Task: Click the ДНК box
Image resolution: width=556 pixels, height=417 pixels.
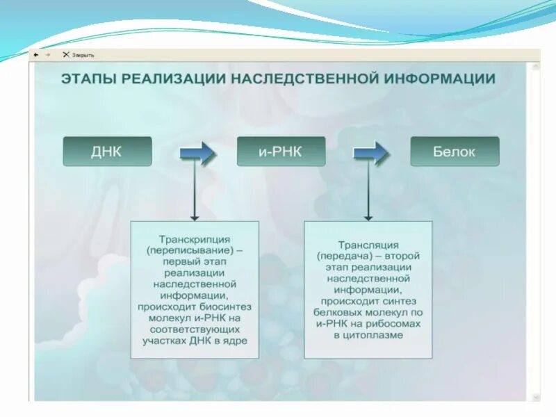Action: click(107, 152)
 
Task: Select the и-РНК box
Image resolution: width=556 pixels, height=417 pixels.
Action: click(281, 152)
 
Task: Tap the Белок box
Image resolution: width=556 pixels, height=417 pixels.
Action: click(455, 152)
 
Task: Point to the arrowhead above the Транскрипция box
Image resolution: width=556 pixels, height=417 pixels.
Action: click(195, 216)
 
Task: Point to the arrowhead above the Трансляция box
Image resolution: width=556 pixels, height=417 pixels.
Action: click(368, 216)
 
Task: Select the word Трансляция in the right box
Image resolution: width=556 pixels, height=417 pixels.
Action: click(368, 245)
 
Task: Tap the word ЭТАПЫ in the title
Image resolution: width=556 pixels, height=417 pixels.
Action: click(88, 79)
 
